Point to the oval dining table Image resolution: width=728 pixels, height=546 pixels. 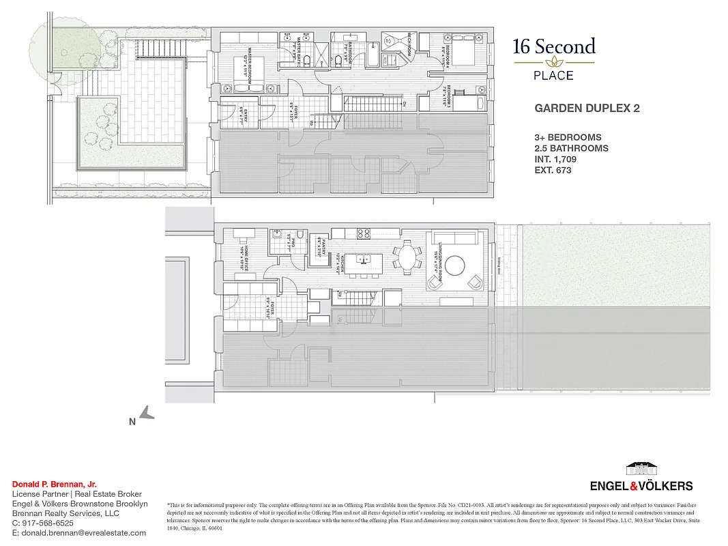(407, 260)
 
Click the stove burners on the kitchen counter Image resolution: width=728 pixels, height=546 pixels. (363, 233)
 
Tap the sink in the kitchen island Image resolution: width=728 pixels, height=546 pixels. (362, 260)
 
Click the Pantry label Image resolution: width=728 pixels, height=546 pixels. (319, 244)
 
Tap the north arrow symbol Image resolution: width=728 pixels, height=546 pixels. (147, 412)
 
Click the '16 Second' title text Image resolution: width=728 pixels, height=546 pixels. (554, 47)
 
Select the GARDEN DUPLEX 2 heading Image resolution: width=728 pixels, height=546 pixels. (586, 108)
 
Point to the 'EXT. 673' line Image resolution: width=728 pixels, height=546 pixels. (553, 170)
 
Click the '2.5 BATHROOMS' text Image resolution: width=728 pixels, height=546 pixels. (571, 148)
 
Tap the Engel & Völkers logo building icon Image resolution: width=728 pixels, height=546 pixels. (641, 470)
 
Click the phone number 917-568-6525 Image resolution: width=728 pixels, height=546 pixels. (48, 523)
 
